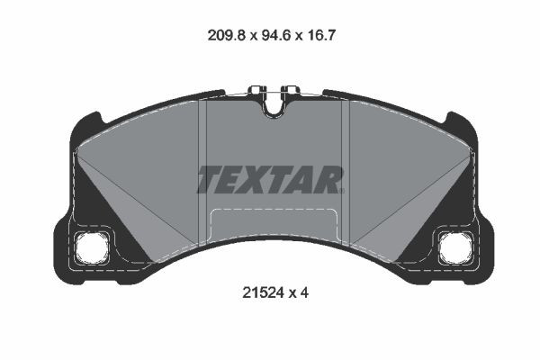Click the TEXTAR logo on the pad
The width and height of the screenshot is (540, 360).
(x=270, y=179)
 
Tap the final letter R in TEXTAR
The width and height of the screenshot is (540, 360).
(x=330, y=179)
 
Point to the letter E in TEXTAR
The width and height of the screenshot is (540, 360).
(x=235, y=179)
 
